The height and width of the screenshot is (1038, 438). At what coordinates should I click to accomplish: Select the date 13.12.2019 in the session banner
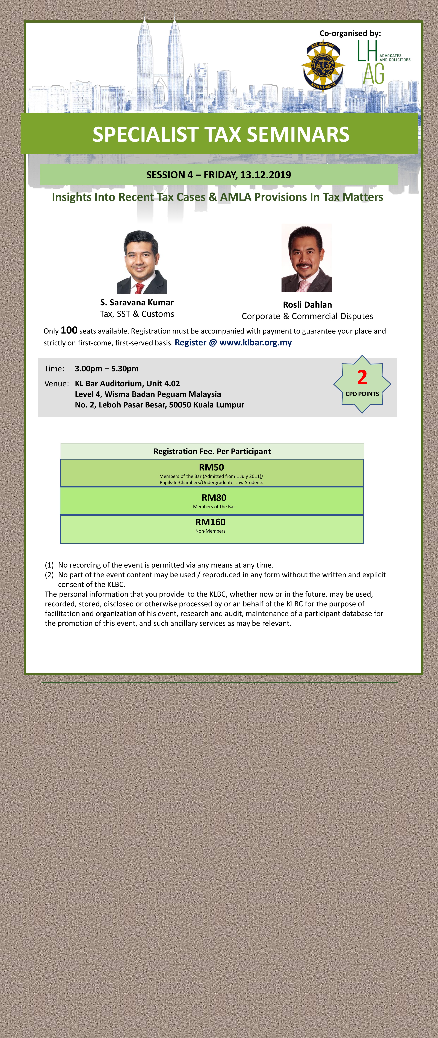[265, 175]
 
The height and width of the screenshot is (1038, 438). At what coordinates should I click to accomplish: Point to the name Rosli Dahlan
[307, 305]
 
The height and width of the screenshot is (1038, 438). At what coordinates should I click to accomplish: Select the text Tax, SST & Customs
[137, 314]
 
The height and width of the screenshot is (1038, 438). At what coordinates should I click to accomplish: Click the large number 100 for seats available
[69, 330]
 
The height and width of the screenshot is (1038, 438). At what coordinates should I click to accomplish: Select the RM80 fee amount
[214, 498]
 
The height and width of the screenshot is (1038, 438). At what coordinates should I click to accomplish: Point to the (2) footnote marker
[49, 575]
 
